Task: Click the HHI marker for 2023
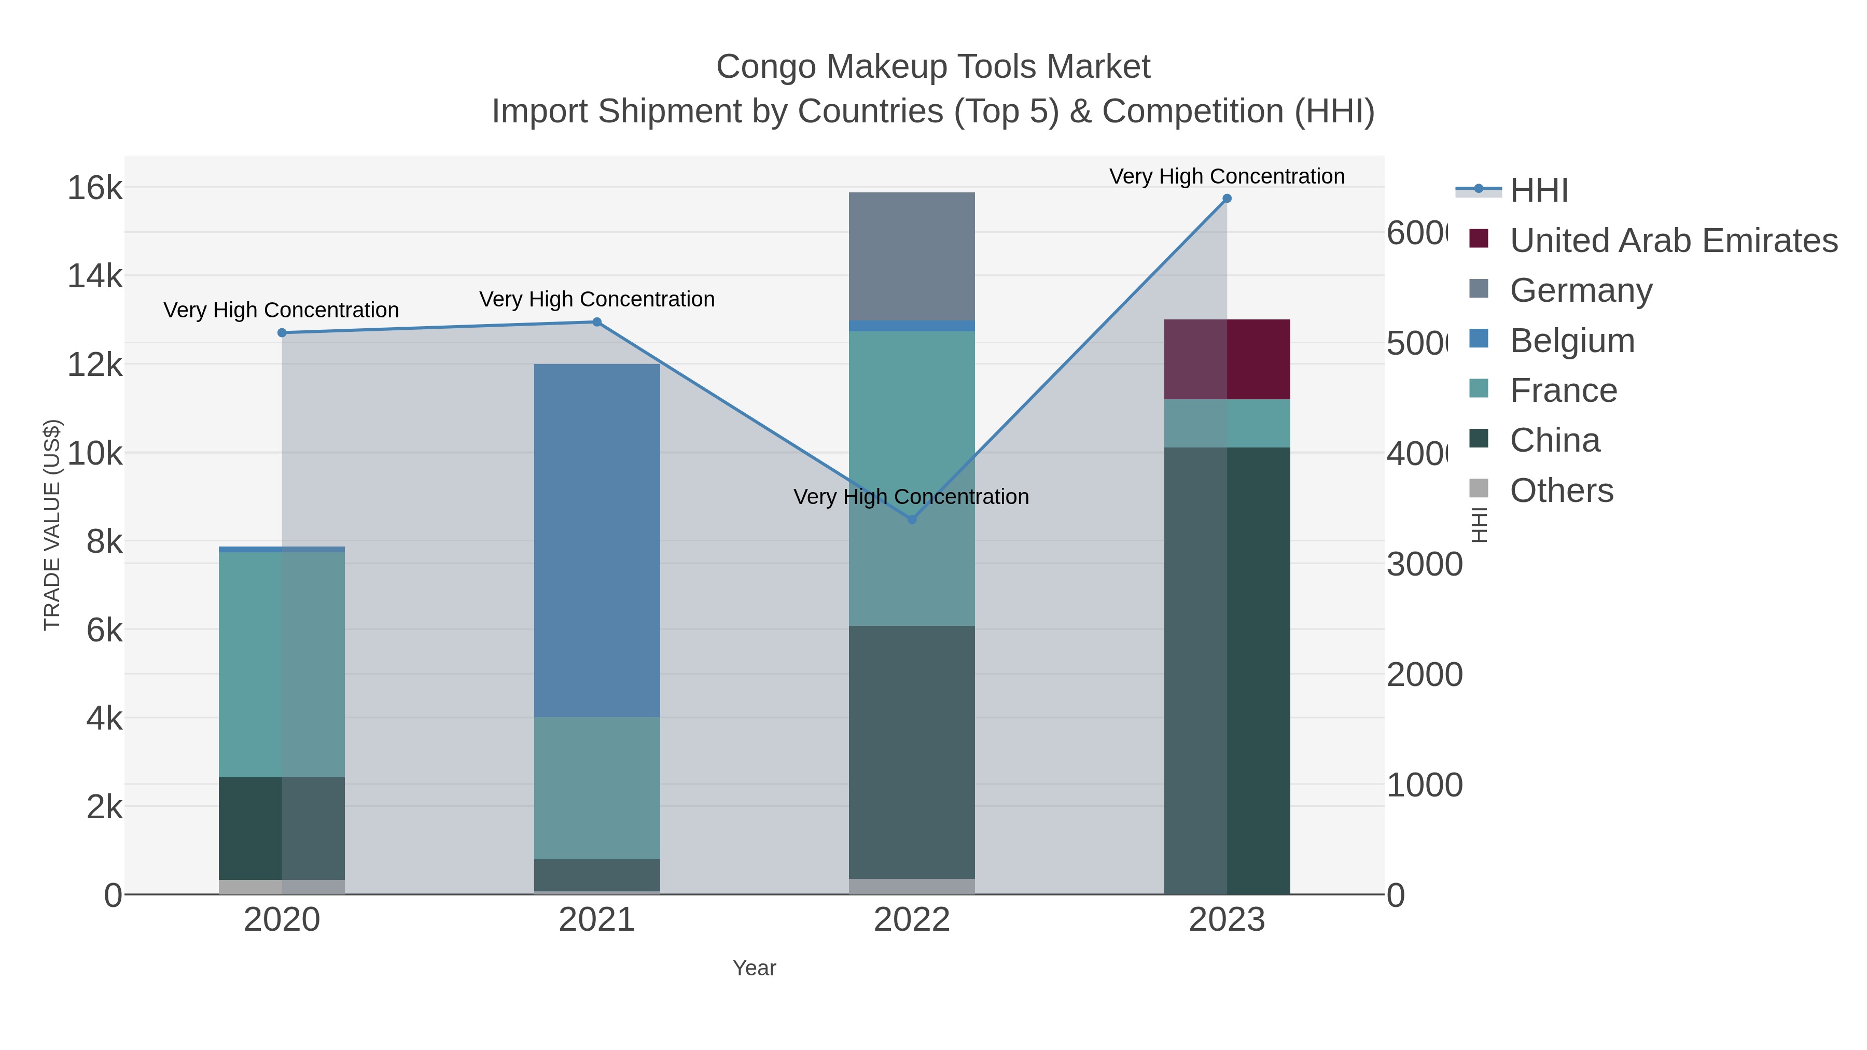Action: [x=1227, y=199]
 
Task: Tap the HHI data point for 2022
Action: [x=912, y=520]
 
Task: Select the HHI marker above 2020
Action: [x=282, y=332]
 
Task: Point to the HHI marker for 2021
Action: [x=596, y=321]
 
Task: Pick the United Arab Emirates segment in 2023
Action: [x=1227, y=359]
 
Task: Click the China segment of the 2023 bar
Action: [x=1227, y=670]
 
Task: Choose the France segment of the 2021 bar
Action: [x=596, y=788]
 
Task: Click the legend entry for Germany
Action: [x=1581, y=290]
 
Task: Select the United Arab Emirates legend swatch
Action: [x=1479, y=239]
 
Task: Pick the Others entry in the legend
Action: [x=1561, y=491]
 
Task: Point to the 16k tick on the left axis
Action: [x=95, y=188]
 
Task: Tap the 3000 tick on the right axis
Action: [x=1424, y=565]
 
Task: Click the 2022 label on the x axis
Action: [x=912, y=920]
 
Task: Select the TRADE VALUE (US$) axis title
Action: [x=52, y=525]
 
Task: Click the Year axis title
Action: [x=754, y=968]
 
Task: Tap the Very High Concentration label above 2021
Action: [x=596, y=299]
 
